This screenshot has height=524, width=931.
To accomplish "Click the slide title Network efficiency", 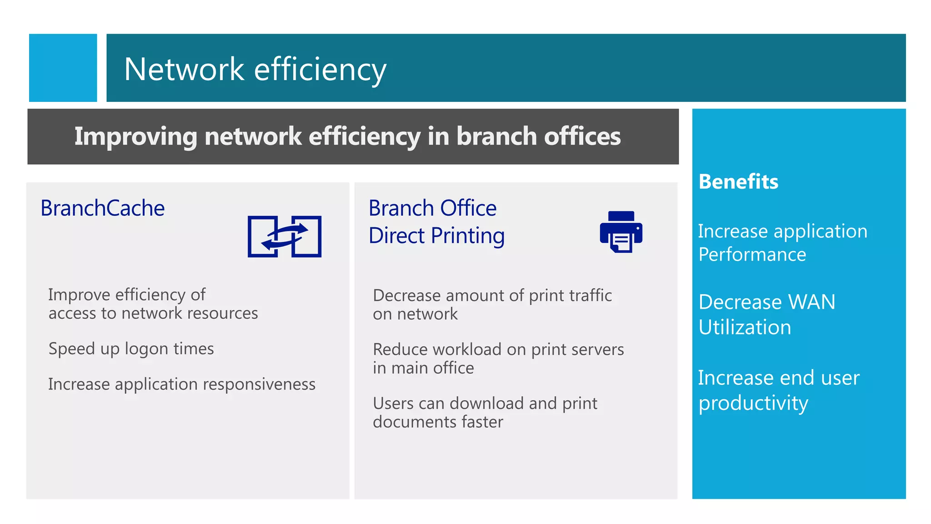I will click(x=255, y=69).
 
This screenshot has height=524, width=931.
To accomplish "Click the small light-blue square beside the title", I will click(x=63, y=68).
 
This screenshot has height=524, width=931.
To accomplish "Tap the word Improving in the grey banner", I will click(x=135, y=136).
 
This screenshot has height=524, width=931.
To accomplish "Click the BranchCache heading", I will click(x=103, y=208).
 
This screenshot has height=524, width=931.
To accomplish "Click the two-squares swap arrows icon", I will click(x=285, y=237).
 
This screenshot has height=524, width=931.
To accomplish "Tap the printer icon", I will click(x=621, y=232).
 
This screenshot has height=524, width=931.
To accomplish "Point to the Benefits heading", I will click(x=738, y=181).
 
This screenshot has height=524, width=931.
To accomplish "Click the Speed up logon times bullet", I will click(x=131, y=349).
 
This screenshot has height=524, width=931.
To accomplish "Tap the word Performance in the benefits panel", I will click(x=752, y=254).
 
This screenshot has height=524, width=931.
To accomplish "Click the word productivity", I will click(x=753, y=403).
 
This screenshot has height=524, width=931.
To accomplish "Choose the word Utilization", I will click(x=745, y=327).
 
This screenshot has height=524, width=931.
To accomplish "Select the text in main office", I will click(x=423, y=368).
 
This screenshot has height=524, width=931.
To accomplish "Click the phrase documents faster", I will click(x=438, y=422).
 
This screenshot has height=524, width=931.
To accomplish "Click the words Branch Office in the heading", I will click(x=432, y=208).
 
